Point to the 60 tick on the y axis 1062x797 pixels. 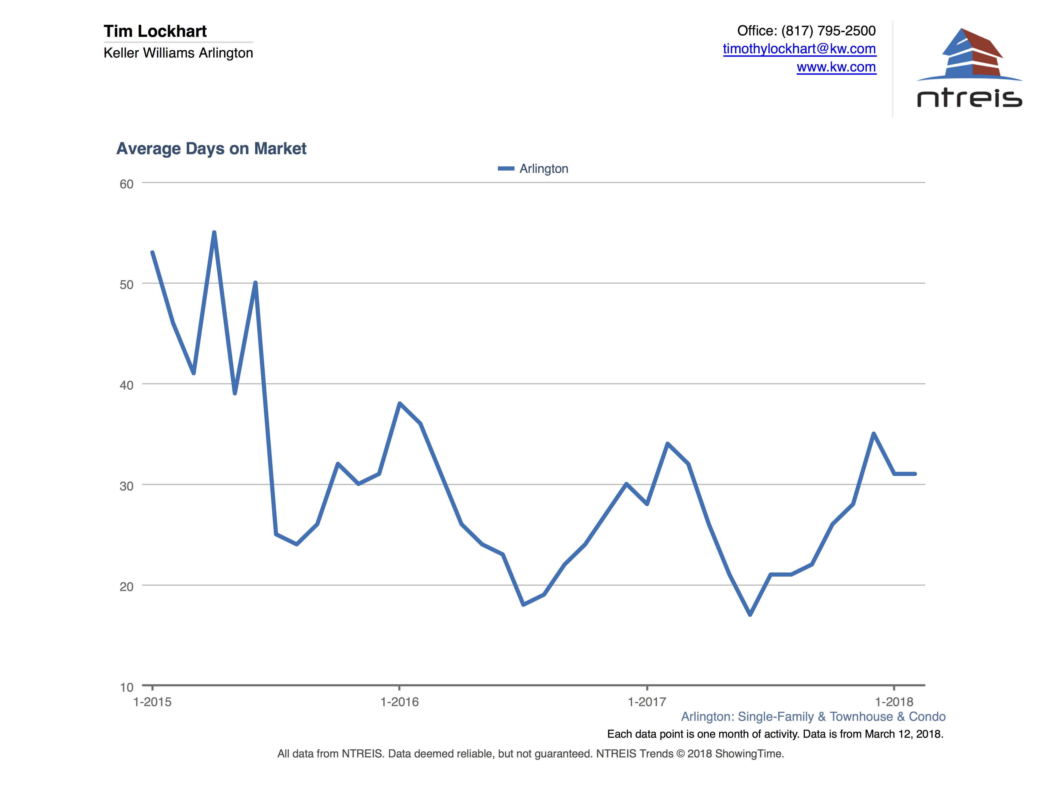click(x=126, y=184)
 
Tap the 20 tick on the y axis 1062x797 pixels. click(x=126, y=587)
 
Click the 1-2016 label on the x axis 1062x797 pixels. click(x=400, y=702)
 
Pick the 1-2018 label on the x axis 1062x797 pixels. click(x=894, y=702)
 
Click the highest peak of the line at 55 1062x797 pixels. click(x=214, y=233)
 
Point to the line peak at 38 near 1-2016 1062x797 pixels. click(x=400, y=403)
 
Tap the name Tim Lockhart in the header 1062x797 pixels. click(x=155, y=31)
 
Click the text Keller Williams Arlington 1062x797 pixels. click(x=178, y=53)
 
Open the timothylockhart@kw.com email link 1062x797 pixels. click(x=799, y=49)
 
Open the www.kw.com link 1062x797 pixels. click(x=836, y=67)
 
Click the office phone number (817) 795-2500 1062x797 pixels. click(x=828, y=31)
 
